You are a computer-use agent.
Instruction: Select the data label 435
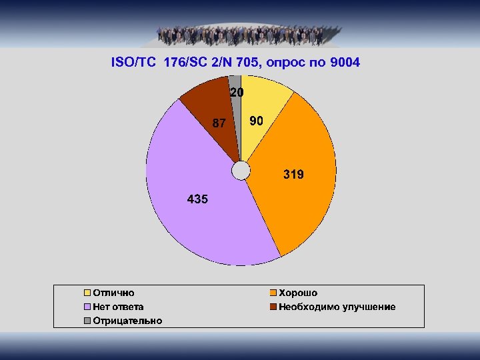197,199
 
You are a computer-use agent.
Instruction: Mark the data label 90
256,121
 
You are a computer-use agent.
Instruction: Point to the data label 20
237,93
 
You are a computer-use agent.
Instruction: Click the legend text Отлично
113,293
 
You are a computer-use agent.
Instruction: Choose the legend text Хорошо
298,293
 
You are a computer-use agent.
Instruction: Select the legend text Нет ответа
118,307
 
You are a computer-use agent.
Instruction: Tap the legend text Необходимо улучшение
337,307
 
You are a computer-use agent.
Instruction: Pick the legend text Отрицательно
127,321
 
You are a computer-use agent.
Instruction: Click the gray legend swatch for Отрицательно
87,321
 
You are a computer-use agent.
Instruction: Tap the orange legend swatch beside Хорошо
273,293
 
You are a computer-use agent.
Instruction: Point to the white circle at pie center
241,171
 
